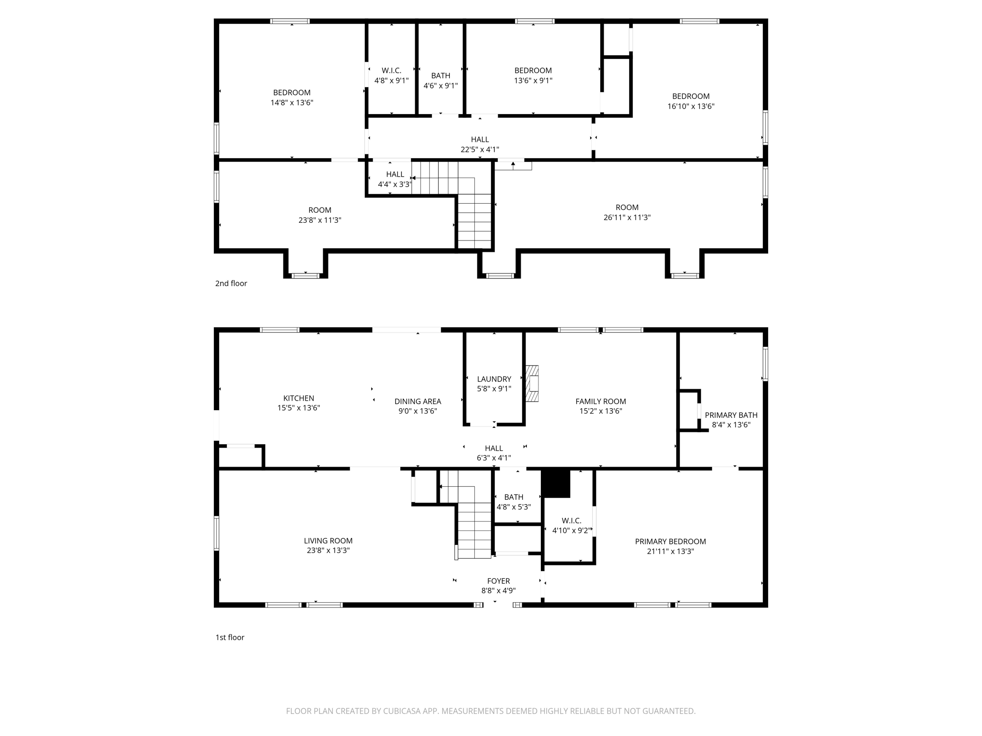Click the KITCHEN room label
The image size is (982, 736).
(299, 398)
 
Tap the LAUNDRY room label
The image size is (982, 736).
(494, 379)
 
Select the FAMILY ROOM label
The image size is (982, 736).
(601, 402)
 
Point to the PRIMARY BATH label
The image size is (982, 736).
(731, 415)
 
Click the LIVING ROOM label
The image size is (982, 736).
(328, 541)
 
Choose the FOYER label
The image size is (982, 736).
(499, 581)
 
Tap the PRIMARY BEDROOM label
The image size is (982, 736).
(670, 541)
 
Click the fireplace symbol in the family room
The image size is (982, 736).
(532, 383)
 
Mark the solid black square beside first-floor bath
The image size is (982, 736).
(556, 483)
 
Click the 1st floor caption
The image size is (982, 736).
(230, 637)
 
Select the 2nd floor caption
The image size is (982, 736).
(231, 283)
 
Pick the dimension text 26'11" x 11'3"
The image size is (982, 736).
(627, 218)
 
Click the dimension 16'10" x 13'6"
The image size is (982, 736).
(691, 106)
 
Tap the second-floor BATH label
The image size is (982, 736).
(441, 76)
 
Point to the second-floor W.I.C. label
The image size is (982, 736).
(392, 70)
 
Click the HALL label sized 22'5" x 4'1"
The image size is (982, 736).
(480, 139)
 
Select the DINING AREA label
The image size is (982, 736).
(418, 402)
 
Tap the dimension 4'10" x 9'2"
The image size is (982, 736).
(572, 530)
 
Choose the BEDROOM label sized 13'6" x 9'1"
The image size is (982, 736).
(533, 70)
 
